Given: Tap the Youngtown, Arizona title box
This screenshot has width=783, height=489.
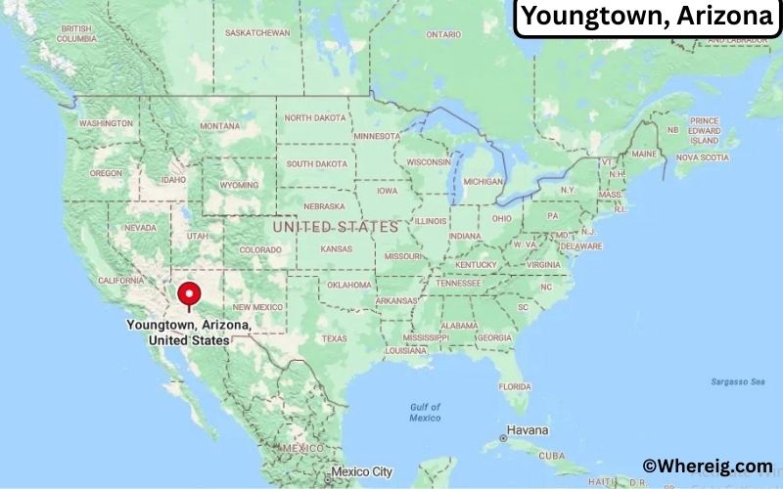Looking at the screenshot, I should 647,18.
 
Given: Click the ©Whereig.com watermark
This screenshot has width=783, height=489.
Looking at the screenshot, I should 707,467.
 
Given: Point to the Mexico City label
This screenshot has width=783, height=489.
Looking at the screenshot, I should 361,471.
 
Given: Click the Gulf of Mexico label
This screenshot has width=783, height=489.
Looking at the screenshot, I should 425,412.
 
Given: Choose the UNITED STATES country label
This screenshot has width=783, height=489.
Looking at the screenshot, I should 336,226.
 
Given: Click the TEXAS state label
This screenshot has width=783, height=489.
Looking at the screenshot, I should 335,338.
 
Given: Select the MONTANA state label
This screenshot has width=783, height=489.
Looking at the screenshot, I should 219,126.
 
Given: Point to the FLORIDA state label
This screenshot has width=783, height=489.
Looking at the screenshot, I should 515,386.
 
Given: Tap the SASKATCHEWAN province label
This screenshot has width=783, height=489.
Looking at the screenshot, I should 257,32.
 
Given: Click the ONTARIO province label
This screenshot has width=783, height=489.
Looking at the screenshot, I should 442,34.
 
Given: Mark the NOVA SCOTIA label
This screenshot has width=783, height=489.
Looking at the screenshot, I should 702,156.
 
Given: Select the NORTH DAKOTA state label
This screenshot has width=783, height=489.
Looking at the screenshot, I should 315,117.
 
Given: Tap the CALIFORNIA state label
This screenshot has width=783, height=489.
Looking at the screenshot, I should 121,281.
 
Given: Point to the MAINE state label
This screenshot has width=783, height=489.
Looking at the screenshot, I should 644,154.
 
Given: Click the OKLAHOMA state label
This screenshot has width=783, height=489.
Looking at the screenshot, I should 349,285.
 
